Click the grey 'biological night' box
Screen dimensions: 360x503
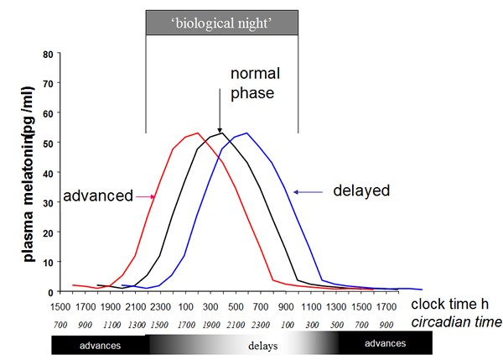(x=222, y=23)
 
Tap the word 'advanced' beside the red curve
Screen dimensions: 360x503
(x=97, y=196)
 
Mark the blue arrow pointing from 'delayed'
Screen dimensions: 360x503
(x=309, y=191)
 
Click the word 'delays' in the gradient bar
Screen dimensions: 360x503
(x=262, y=344)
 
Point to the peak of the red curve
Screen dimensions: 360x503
(x=197, y=133)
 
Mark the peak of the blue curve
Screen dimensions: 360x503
(x=246, y=133)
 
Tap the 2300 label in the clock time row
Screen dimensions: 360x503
(x=161, y=307)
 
